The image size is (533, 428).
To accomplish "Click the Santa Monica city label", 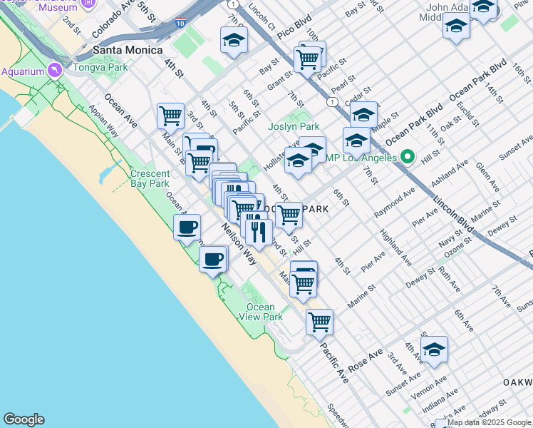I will click(x=128, y=51).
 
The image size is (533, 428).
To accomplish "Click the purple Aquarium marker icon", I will click(x=55, y=71).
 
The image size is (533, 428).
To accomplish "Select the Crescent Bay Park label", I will click(x=150, y=178).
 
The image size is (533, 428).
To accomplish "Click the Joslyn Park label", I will click(x=294, y=127).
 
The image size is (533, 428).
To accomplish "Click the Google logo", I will click(x=24, y=419).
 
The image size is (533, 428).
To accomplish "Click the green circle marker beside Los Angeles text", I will click(x=408, y=156).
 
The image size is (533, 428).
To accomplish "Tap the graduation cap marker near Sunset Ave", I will click(x=433, y=350).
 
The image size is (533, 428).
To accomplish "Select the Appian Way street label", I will click(x=103, y=122).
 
